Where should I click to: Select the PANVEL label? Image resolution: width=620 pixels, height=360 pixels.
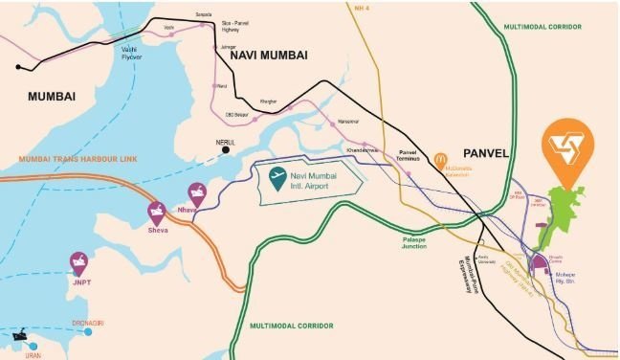[489, 153]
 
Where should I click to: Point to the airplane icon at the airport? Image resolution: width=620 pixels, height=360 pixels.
[277, 177]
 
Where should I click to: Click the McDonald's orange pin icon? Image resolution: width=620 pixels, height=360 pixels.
[441, 161]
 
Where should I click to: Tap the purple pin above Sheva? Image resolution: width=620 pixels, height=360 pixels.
[156, 212]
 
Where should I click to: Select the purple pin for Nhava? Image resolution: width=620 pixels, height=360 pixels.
[197, 191]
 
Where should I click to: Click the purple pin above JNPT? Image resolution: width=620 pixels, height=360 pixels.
[77, 260]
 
